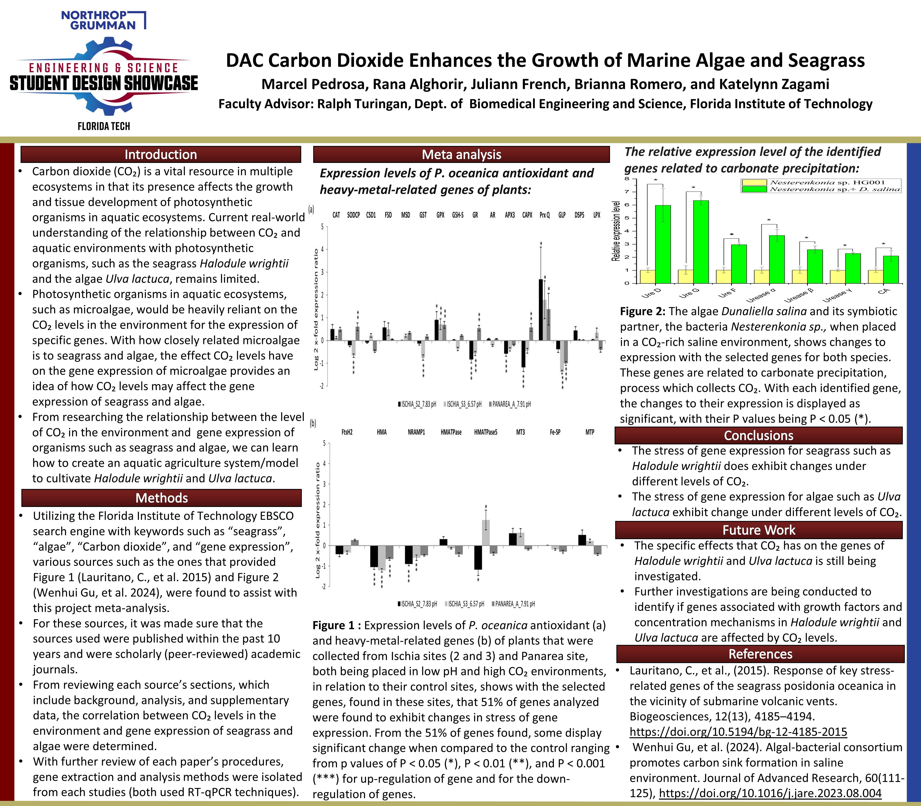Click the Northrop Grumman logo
pyautogui.click(x=104, y=20)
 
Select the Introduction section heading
pyautogui.click(x=160, y=154)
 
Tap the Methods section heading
pyautogui.click(x=161, y=498)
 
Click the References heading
pyautogui.click(x=760, y=654)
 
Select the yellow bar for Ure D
pyautogui.click(x=647, y=277)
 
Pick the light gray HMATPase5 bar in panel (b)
pyautogui.click(x=486, y=533)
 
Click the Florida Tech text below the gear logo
pyautogui.click(x=104, y=126)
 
